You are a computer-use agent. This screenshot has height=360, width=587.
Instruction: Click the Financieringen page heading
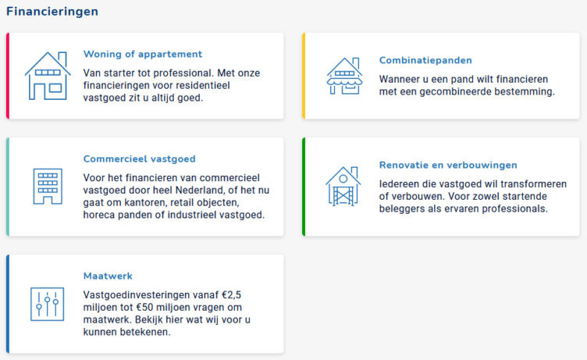coord(52,12)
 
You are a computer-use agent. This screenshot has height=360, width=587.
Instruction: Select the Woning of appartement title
coord(143,55)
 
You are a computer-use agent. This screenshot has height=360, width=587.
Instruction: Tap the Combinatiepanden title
coord(425,60)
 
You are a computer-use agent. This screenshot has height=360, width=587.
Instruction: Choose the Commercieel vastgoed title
coord(139,159)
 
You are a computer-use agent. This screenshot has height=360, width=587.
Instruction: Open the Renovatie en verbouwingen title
coord(448,166)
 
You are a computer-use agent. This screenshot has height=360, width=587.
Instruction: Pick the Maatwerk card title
coord(108,276)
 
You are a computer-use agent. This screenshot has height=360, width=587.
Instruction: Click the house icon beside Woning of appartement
coord(48,76)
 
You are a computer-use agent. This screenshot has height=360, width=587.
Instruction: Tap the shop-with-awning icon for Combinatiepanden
coord(344,76)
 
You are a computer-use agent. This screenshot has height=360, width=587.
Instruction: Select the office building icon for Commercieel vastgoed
coord(48,186)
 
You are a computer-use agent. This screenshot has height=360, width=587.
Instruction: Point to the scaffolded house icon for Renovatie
coord(343,186)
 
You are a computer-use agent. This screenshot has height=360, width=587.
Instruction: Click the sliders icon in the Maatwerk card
coord(47,305)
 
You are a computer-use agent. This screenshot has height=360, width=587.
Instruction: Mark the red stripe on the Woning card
coord(8,76)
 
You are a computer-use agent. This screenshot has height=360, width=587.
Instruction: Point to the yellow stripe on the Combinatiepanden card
coord(304,76)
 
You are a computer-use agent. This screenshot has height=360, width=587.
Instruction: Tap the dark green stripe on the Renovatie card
coord(304,187)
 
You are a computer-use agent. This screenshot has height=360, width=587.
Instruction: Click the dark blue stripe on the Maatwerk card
coord(8,304)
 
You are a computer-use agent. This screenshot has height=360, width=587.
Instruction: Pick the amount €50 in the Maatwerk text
coord(144,308)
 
